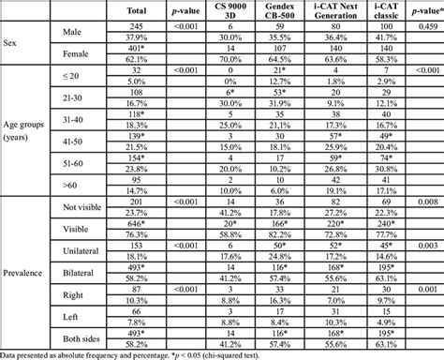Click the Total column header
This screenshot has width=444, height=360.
pos(136,11)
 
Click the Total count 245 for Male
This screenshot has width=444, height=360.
pos(136,27)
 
